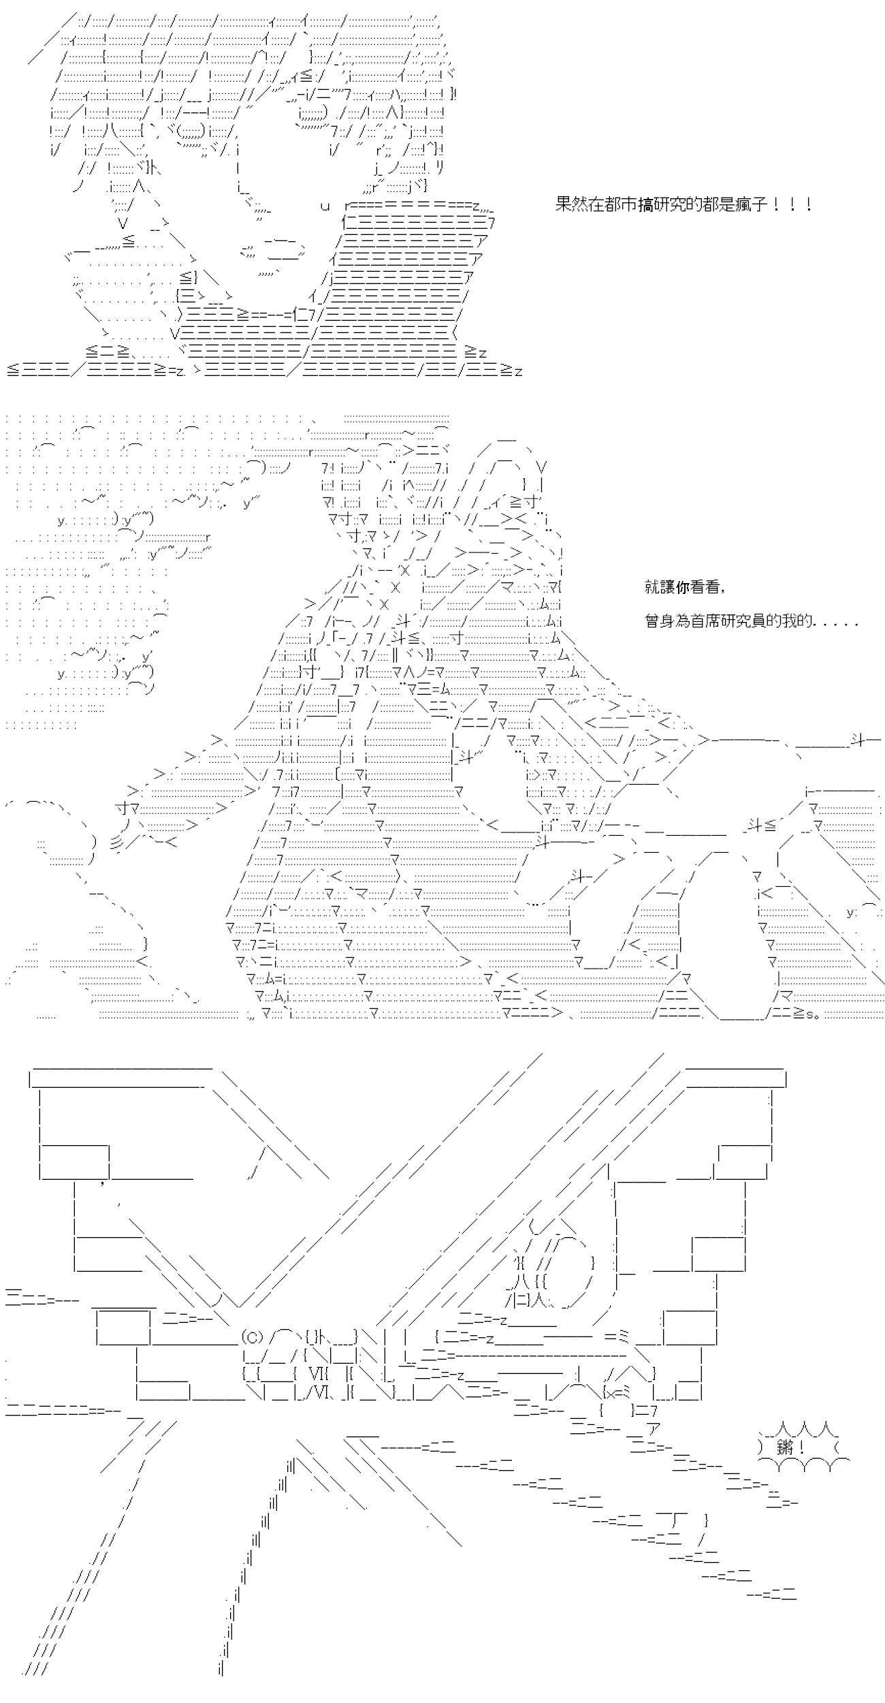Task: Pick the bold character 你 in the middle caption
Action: [x=682, y=587]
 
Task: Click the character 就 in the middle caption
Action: [x=652, y=587]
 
